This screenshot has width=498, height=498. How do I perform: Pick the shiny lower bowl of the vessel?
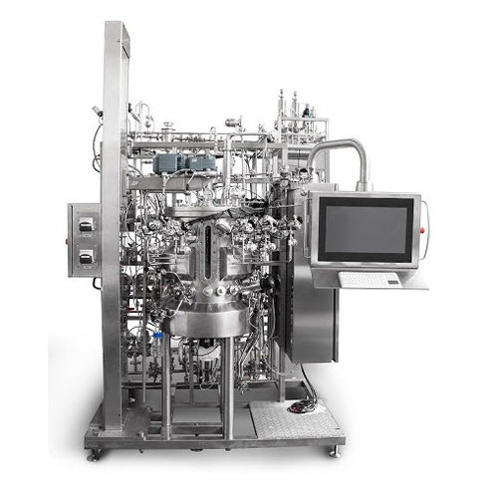coord(206,320)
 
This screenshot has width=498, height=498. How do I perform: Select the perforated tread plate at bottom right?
coord(289,418)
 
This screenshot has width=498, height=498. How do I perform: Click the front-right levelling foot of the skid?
coord(333,450)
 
